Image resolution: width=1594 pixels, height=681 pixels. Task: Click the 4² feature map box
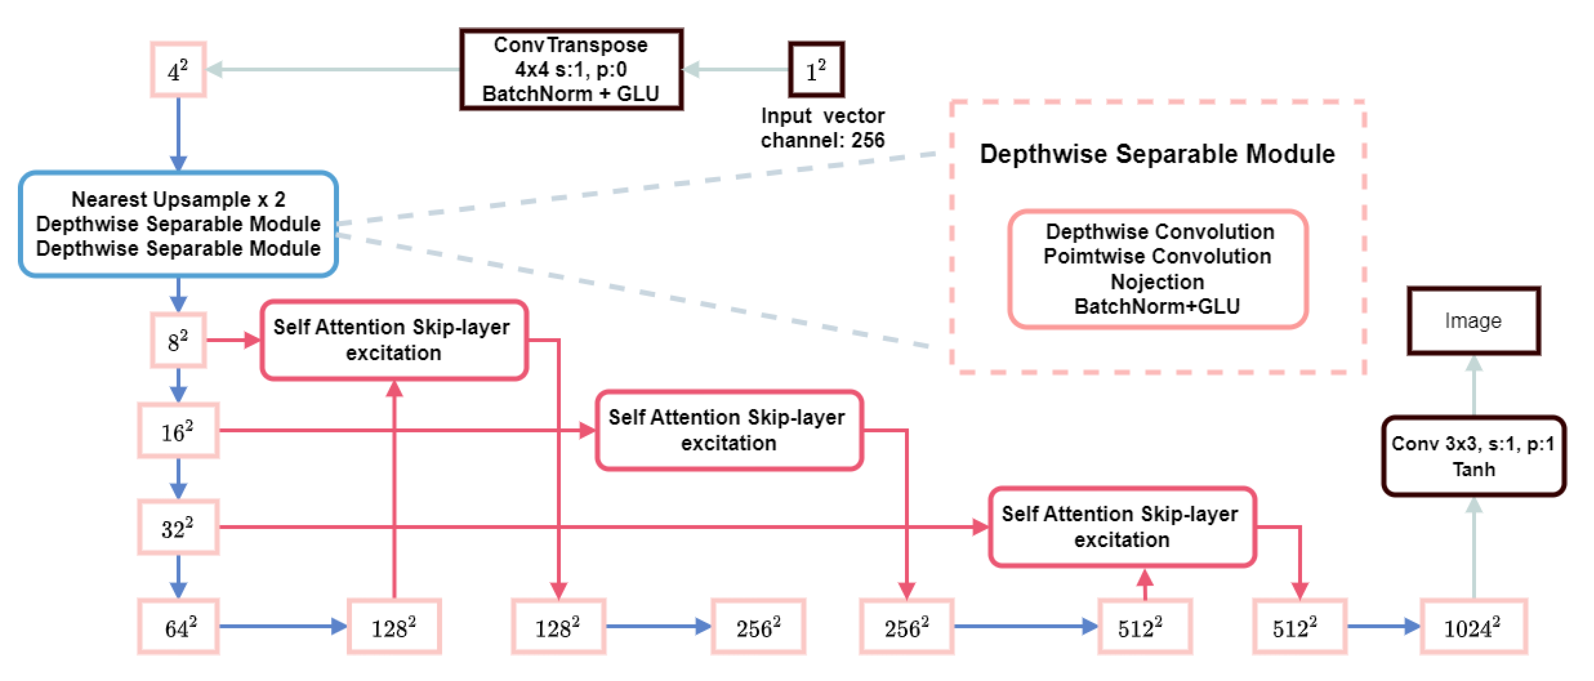pyautogui.click(x=178, y=70)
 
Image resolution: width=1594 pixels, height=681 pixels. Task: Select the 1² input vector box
pyautogui.click(x=816, y=70)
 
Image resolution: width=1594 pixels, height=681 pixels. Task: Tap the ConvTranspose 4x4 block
pyautogui.click(x=571, y=69)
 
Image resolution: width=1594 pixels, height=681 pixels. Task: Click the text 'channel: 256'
pyautogui.click(x=822, y=141)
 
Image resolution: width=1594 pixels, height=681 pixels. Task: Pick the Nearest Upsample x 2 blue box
pyautogui.click(x=178, y=224)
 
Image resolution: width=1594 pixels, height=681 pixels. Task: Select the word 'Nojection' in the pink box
pyautogui.click(x=1157, y=282)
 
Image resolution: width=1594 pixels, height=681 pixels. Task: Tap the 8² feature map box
pyautogui.click(x=178, y=340)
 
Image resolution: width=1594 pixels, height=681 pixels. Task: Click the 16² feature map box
pyautogui.click(x=178, y=431)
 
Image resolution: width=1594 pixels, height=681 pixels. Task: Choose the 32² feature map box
pyautogui.click(x=178, y=528)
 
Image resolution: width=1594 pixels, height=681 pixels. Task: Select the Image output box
pyautogui.click(x=1473, y=321)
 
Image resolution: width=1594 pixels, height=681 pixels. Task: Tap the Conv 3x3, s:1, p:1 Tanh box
pyautogui.click(x=1473, y=456)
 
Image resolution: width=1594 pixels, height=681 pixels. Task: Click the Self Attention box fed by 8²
pyautogui.click(x=393, y=340)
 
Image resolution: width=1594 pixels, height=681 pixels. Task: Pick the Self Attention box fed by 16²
pyautogui.click(x=728, y=431)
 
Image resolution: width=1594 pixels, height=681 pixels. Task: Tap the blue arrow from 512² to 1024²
pyautogui.click(x=1383, y=626)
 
